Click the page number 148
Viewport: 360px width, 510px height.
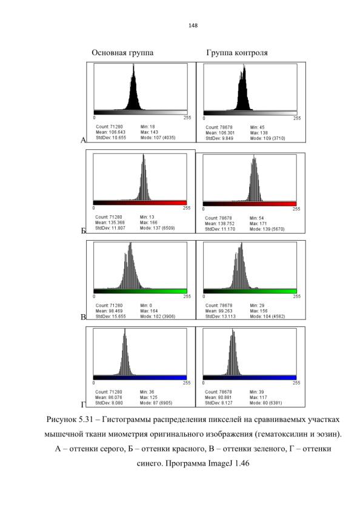(x=193, y=25)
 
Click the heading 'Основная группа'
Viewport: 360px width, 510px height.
(x=122, y=53)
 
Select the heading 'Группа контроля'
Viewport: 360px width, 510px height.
(x=237, y=53)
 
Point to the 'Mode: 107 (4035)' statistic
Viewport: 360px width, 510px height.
(x=158, y=138)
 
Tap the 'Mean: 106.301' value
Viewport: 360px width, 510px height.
(x=220, y=133)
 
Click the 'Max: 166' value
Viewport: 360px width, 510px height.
(x=148, y=223)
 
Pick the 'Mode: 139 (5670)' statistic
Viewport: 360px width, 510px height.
(x=267, y=229)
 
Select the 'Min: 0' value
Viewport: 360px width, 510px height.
(x=146, y=306)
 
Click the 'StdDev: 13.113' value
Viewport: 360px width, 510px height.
(x=221, y=316)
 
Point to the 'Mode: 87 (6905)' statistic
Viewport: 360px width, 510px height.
(x=156, y=403)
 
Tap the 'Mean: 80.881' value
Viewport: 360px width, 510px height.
(x=218, y=397)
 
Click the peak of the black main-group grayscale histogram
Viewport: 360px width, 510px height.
(x=133, y=64)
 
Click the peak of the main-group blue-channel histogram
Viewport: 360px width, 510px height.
(x=125, y=329)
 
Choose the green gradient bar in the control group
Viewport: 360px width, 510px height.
(x=250, y=291)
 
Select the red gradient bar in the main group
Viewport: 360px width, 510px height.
(x=140, y=203)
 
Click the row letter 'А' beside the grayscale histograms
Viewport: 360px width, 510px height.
(x=83, y=140)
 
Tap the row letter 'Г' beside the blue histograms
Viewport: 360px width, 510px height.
(x=83, y=404)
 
